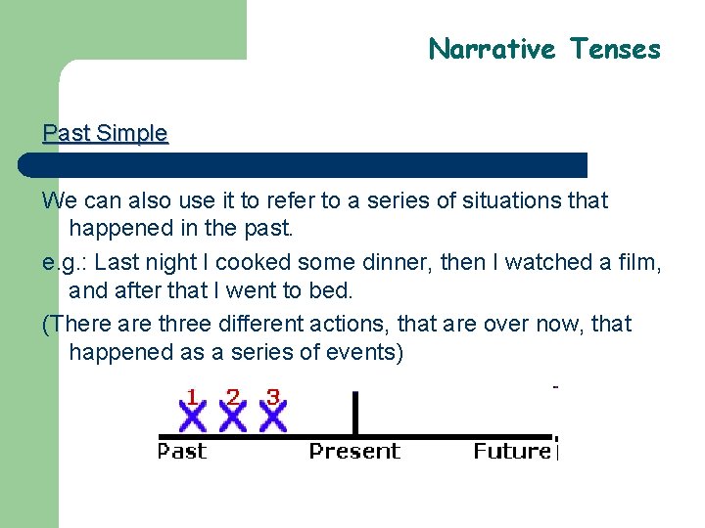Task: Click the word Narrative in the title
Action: point(493,49)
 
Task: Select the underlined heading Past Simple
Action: point(105,133)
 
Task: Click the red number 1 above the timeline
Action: point(193,397)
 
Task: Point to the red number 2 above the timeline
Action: point(233,397)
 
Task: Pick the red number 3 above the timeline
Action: point(273,397)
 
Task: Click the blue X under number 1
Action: point(194,418)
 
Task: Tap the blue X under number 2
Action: point(233,418)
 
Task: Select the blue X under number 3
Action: point(273,418)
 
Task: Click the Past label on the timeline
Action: point(182,451)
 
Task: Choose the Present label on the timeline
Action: point(354,451)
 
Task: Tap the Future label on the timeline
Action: point(512,451)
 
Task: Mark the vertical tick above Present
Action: point(354,413)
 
